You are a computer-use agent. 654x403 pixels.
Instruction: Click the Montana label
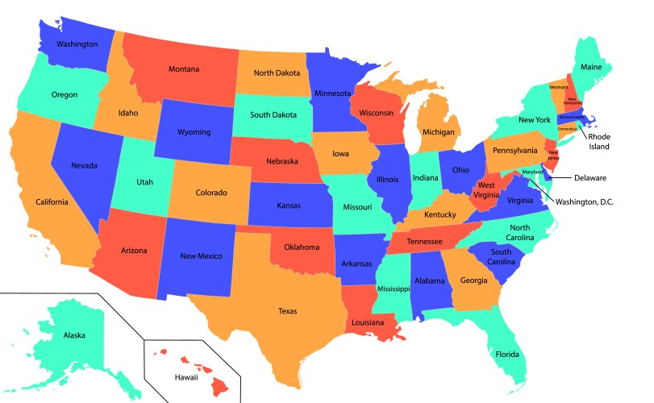click(184, 69)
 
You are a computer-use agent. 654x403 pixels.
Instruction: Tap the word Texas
click(288, 310)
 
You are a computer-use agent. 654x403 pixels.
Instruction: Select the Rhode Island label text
click(598, 142)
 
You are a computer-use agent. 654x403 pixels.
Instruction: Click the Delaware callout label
click(589, 177)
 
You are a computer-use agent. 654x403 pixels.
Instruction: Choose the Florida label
click(507, 354)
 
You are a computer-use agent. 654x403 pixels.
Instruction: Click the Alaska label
click(74, 334)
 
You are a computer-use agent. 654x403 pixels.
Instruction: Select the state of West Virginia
click(486, 189)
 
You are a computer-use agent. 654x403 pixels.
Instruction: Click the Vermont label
click(559, 86)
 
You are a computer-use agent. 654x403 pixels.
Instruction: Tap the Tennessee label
click(423, 242)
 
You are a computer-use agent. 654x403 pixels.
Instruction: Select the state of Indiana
click(425, 177)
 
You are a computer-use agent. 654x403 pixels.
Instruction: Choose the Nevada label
click(84, 165)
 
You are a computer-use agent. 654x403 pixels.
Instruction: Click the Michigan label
click(438, 131)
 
